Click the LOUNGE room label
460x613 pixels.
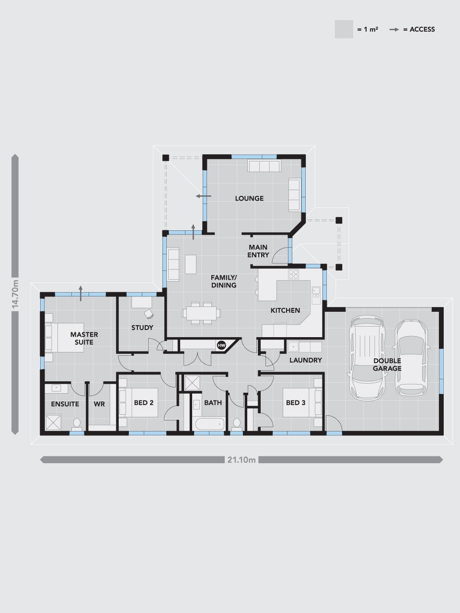pos(249,198)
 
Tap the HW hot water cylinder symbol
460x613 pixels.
pos(221,345)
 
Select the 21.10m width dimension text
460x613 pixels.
pos(241,460)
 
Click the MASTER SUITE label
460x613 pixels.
pos(84,338)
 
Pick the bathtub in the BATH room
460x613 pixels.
pos(208,424)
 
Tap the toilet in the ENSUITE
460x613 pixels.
pos(77,424)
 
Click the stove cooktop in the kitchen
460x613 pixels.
pos(293,274)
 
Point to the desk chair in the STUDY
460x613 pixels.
pos(149,314)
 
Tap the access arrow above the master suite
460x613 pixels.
pos(80,292)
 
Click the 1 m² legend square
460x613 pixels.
pos(344,29)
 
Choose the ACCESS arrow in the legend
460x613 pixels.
pos(394,29)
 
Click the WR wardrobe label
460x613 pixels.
pos(99,404)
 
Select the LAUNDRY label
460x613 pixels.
pos(305,360)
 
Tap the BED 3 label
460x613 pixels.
pos(296,403)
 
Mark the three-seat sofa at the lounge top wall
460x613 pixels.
pos(263,166)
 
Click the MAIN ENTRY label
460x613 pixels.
pos(258,251)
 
